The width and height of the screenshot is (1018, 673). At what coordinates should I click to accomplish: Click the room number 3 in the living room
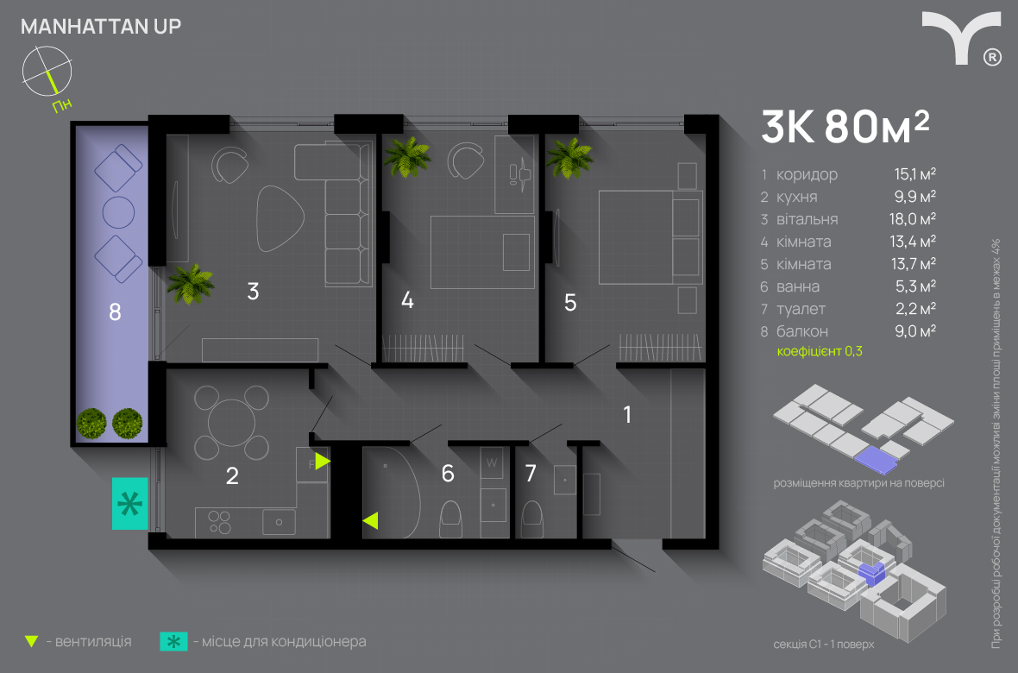[x=253, y=291]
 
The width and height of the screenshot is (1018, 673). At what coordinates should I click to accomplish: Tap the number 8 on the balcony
[x=115, y=312]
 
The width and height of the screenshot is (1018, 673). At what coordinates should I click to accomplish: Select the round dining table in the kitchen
[x=232, y=423]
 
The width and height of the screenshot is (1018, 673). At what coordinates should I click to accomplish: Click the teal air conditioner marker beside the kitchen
[x=130, y=503]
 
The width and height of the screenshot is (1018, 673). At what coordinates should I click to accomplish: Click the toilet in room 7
[x=532, y=519]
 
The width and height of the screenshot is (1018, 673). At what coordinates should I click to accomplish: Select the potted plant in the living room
[x=190, y=284]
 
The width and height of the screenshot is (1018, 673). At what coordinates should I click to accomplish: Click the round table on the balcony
[x=118, y=212]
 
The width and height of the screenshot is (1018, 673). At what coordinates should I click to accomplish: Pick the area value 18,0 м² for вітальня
[x=912, y=219]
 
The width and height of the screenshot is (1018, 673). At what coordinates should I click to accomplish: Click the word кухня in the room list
[x=796, y=197]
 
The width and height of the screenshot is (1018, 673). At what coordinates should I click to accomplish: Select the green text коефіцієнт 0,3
[x=820, y=351]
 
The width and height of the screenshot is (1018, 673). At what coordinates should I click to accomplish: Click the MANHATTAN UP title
[x=101, y=27]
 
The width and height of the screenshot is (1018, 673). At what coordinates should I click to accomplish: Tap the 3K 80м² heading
[x=845, y=127]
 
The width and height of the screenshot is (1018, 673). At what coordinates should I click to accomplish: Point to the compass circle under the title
[x=47, y=70]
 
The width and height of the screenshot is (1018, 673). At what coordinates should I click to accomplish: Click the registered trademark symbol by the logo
[x=992, y=57]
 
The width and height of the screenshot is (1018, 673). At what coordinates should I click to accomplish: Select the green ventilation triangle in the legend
[x=31, y=642]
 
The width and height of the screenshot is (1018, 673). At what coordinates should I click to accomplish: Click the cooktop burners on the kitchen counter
[x=219, y=522]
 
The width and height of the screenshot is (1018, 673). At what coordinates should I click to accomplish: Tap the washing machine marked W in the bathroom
[x=492, y=463]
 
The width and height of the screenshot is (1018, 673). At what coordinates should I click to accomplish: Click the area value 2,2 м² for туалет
[x=915, y=309]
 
